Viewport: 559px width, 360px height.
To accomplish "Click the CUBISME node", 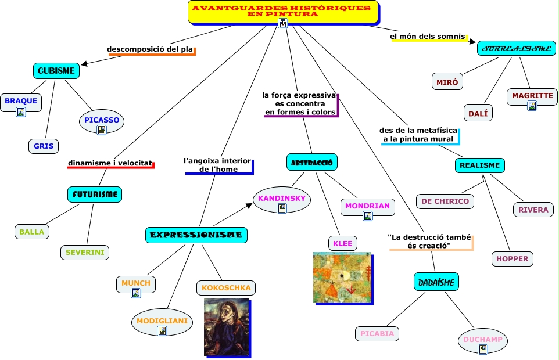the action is click(56, 71).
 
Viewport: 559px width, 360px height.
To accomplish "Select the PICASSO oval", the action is click(102, 120).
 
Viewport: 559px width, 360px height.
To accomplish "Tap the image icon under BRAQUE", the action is click(21, 112).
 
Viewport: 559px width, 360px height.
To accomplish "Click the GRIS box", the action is click(44, 146).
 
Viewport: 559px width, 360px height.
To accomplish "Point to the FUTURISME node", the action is click(95, 195).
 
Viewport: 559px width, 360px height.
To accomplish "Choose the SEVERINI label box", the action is click(85, 253).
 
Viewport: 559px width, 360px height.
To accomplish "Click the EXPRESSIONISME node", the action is click(196, 235).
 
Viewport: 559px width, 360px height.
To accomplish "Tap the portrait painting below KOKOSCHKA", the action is click(226, 327).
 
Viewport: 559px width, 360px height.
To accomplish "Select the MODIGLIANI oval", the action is click(162, 321).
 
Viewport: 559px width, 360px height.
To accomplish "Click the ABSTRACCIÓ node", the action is click(312, 162).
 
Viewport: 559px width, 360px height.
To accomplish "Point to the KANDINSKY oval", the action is click(282, 199).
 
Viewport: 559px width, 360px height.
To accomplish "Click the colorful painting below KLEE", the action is click(342, 277).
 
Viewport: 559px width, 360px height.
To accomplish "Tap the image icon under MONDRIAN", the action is click(367, 216).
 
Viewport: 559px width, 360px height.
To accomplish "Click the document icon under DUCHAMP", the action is click(483, 349).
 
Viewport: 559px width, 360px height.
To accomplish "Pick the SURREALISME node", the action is click(517, 48).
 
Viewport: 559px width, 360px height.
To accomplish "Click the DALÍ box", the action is click(478, 113).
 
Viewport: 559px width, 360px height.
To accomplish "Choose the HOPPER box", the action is click(512, 258).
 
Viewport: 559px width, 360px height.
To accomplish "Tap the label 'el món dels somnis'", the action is click(428, 37).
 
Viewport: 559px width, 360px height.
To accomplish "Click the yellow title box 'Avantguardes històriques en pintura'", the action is click(282, 11).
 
